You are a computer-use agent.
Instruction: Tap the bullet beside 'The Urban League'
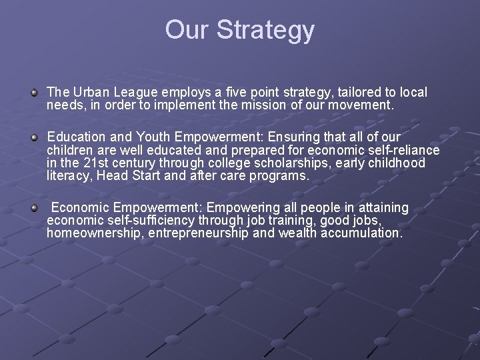click(34, 91)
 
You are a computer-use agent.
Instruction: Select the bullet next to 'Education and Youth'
click(34, 137)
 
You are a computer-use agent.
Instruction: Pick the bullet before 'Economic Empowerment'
click(34, 209)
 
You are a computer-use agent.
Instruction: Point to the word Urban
click(91, 91)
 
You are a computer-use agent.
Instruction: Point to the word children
click(70, 150)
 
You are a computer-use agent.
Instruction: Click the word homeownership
click(95, 234)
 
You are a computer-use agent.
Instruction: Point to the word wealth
click(298, 234)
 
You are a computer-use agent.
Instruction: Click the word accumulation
click(360, 234)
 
